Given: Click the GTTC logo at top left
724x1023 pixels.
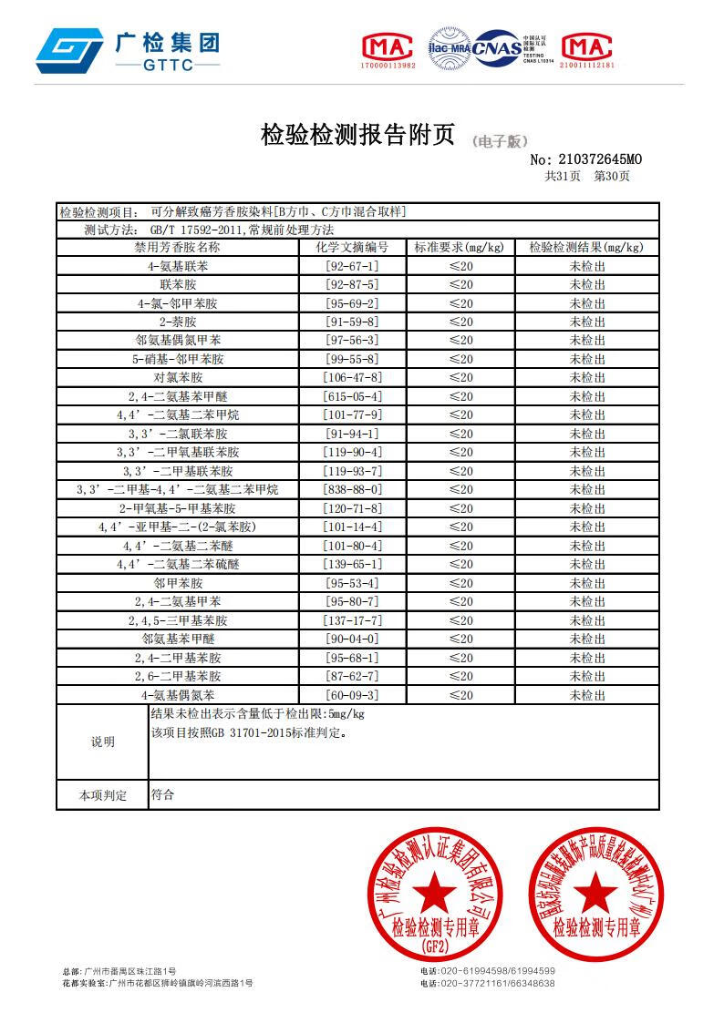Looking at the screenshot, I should pos(127,51).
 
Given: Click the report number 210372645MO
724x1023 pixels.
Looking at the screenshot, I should pos(590,160).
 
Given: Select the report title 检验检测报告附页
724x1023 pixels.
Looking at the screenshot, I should pos(357,135).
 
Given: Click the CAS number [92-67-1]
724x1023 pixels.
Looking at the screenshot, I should pos(352,266).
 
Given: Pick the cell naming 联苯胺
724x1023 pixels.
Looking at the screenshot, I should pos(178,284).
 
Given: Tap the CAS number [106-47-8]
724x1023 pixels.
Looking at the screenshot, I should pos(352,377).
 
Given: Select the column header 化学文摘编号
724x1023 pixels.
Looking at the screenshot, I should pos(352,247).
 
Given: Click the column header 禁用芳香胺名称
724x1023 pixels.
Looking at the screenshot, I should pos(178,247).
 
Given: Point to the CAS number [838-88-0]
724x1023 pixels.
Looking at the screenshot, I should pos(352,489).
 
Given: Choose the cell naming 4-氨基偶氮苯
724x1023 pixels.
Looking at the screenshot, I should pos(178,695).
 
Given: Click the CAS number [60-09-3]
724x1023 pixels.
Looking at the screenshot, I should pos(352,695).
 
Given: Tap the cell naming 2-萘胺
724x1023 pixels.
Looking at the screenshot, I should pos(178,322).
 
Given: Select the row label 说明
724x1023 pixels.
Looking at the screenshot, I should pos(102,742).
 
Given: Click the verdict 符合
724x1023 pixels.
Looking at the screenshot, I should pos(162,794).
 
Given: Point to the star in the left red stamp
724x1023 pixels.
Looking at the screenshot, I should pos(435,888).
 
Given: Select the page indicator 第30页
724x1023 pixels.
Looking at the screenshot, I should pos(611,177).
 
